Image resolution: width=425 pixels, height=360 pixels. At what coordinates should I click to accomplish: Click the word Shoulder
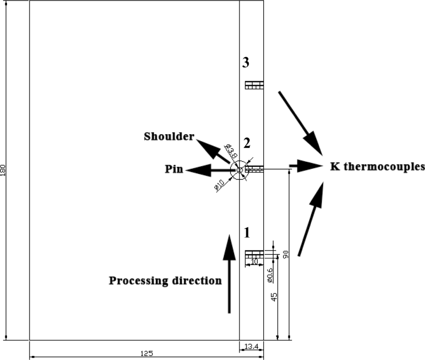(x=169, y=137)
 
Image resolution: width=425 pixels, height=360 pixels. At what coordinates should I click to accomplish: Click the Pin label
(x=173, y=169)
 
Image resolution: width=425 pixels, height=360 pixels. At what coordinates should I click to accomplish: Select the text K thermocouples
(x=377, y=167)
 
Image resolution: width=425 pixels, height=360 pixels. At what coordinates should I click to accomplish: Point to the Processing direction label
(x=165, y=281)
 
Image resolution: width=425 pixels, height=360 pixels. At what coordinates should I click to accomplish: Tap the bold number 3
(x=246, y=63)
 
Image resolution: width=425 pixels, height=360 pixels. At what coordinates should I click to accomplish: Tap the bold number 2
(x=247, y=143)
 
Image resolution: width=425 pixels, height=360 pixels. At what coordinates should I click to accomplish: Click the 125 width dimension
(x=147, y=353)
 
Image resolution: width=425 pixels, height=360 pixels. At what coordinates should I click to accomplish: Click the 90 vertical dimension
(x=286, y=254)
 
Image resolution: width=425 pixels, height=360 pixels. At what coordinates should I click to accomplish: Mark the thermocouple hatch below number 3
(x=254, y=85)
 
